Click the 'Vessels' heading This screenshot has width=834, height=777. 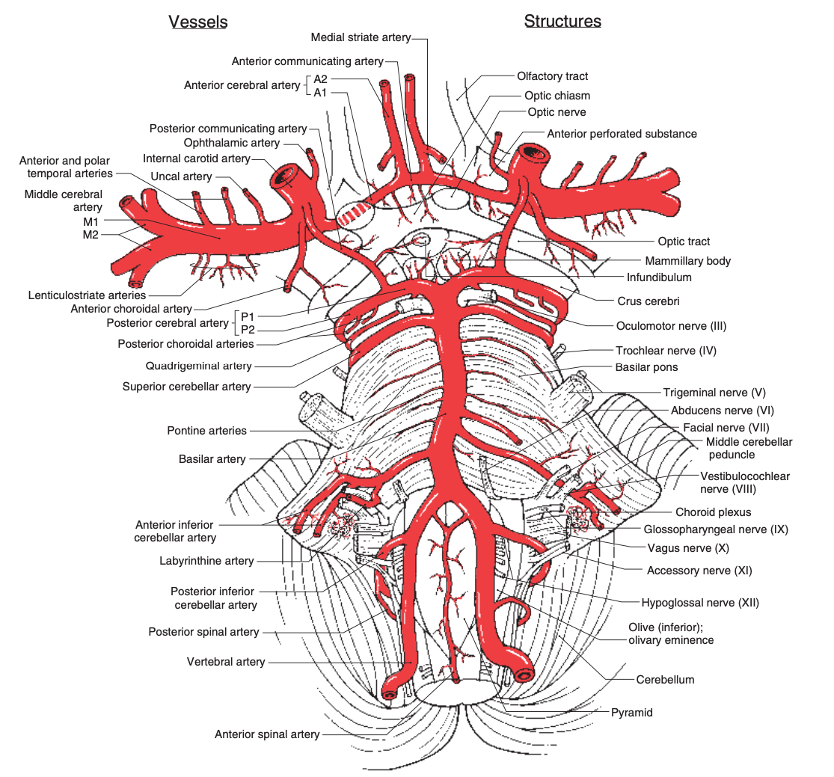198,22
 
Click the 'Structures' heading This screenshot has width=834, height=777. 562,21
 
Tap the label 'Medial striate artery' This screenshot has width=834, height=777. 360,37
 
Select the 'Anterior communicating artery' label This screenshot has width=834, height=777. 307,61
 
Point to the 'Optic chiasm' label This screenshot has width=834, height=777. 557,96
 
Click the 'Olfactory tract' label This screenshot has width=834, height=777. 552,76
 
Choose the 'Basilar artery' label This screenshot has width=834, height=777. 212,459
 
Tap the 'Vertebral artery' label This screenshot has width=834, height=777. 226,662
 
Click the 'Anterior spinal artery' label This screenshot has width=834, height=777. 267,734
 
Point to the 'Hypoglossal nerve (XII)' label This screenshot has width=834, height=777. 695,602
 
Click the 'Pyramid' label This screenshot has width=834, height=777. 632,713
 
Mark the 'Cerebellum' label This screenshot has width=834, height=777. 665,680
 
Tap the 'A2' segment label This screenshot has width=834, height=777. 320,79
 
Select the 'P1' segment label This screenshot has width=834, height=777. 248,316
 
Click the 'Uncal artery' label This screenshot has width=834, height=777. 181,176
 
